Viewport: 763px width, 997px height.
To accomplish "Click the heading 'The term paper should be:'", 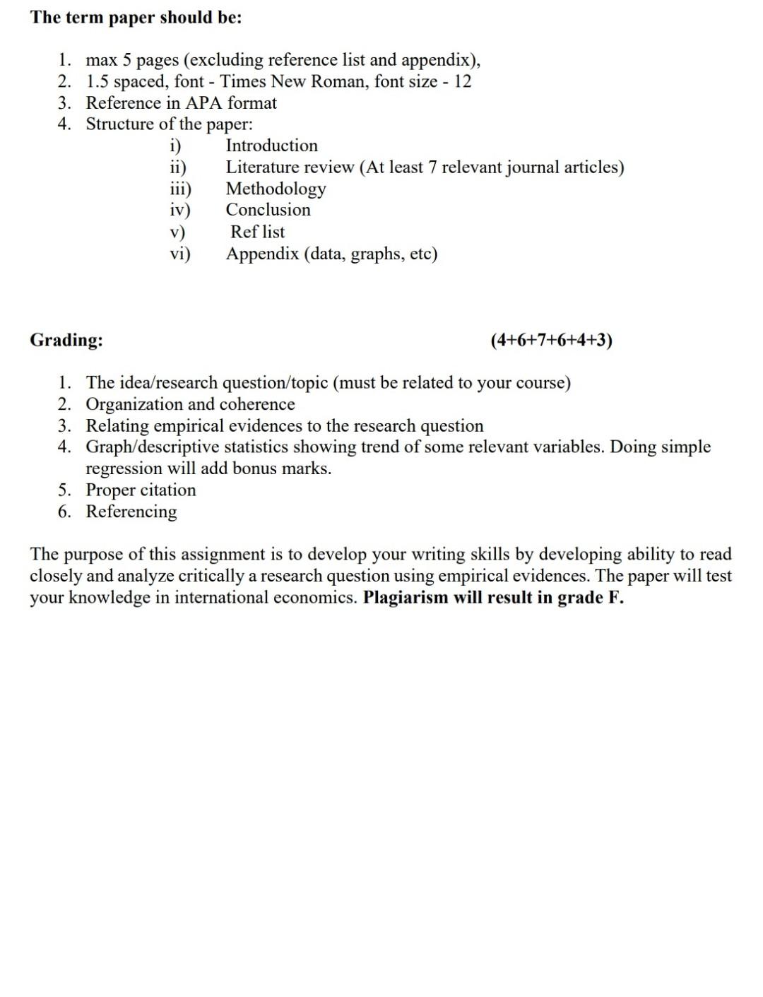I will pos(136,18).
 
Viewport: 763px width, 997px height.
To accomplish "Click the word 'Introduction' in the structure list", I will pos(272,146).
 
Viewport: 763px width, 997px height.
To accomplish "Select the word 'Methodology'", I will pos(276,189).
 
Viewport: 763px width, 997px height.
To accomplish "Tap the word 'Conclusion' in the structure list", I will pos(268,210).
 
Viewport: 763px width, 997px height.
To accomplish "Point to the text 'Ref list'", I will pos(258,232).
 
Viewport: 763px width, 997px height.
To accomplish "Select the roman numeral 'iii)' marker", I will pos(181,189).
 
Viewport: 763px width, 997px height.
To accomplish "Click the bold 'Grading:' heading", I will pos(66,340).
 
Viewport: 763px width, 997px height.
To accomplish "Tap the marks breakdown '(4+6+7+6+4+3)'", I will pos(551,340).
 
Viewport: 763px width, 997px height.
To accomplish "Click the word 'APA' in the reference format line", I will pos(204,103).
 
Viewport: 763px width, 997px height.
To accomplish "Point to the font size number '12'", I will pos(463,81).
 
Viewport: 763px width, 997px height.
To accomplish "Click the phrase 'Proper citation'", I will pos(141,490).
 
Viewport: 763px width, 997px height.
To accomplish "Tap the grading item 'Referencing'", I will pos(131,512).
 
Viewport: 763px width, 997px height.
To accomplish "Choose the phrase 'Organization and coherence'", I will pos(191,404).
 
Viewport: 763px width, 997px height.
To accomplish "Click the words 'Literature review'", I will pos(290,167).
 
